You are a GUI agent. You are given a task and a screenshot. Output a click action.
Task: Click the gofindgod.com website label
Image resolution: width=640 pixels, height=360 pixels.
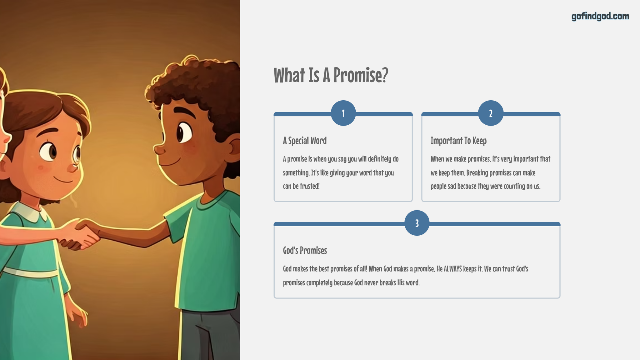[600, 16]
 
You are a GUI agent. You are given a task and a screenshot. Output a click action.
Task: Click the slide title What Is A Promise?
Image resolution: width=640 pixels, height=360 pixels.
[331, 75]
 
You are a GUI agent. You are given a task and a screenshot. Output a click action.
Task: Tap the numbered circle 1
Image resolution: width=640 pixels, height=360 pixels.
[343, 113]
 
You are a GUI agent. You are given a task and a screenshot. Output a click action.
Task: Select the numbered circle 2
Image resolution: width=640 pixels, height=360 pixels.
[491, 113]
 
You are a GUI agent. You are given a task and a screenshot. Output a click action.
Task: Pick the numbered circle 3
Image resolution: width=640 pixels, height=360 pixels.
[417, 223]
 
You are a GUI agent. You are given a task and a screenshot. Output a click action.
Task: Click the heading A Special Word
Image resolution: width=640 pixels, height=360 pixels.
[305, 141]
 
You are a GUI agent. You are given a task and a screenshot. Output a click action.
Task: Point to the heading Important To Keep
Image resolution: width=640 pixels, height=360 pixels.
[458, 141]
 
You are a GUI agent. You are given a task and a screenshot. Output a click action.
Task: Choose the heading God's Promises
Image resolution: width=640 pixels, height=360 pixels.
[305, 250]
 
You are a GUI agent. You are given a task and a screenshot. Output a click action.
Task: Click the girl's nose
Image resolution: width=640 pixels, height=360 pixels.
[73, 167]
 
